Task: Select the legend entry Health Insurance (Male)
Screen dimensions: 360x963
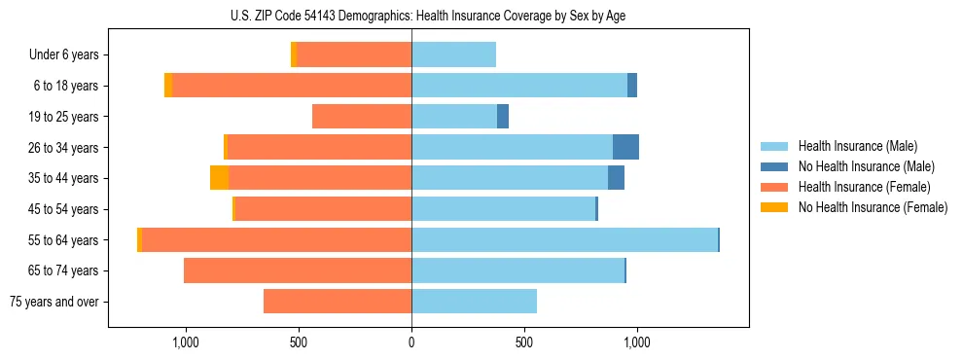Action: [x=856, y=146]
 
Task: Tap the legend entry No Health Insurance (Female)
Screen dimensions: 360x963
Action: [x=873, y=207]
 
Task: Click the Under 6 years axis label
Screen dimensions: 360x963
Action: [x=63, y=55]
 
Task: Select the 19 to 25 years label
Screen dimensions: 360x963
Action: [x=63, y=117]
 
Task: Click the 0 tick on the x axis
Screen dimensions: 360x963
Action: [x=411, y=342]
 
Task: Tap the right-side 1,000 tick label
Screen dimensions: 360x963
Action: [x=637, y=342]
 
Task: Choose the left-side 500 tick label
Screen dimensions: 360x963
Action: [x=299, y=342]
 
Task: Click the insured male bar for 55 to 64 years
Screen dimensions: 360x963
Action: [x=564, y=240]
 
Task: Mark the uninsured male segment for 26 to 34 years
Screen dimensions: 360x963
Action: [x=625, y=148]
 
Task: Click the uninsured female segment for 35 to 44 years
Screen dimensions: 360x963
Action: [x=220, y=178]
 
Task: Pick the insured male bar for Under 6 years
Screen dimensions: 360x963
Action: [x=453, y=55]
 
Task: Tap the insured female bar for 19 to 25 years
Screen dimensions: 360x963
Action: [x=362, y=117]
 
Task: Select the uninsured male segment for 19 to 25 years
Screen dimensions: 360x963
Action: [x=503, y=117]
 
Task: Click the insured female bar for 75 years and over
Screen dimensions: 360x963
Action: [x=338, y=302]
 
